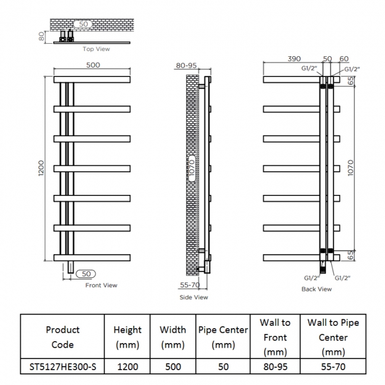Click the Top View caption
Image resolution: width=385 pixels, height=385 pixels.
[96, 49]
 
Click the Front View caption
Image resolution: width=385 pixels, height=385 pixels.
[101, 285]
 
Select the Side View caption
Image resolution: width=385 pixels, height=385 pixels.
[194, 297]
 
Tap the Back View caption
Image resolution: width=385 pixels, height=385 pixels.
[316, 289]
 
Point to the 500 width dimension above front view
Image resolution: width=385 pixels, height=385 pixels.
[93, 65]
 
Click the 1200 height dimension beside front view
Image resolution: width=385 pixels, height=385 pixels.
[41, 168]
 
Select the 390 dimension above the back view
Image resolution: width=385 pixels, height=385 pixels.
[294, 59]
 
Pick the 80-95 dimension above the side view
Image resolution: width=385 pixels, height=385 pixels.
[187, 66]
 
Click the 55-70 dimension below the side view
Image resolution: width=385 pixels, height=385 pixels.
[190, 285]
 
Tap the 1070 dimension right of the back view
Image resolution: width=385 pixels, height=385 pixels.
[351, 168]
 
